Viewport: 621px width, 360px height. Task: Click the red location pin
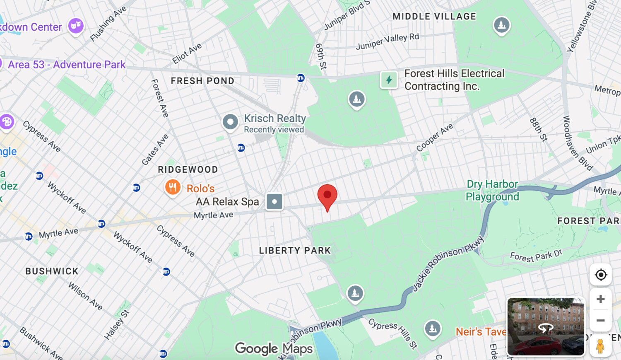327,196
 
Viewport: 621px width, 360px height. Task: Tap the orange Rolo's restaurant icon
173,187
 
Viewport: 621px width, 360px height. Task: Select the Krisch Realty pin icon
230,122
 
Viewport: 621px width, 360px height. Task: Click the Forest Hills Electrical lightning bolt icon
389,80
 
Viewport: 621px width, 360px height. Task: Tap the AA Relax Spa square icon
274,202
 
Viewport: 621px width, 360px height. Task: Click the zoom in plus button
600,299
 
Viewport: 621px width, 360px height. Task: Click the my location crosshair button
600,275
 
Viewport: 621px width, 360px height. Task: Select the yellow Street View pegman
600,346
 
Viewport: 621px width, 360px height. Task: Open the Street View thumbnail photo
546,326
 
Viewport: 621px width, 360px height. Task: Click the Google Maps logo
274,349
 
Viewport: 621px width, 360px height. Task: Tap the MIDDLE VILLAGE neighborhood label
434,17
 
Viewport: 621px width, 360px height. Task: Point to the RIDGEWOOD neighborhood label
188,169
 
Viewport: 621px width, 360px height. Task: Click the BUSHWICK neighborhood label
52,271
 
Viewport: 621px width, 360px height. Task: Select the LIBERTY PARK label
295,250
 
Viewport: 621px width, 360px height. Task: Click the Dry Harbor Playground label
492,190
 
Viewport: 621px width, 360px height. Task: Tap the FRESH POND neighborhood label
202,81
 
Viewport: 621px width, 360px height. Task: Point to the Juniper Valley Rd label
388,41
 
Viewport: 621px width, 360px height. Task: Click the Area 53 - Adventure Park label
67,65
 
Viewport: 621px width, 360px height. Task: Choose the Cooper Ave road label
434,138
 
